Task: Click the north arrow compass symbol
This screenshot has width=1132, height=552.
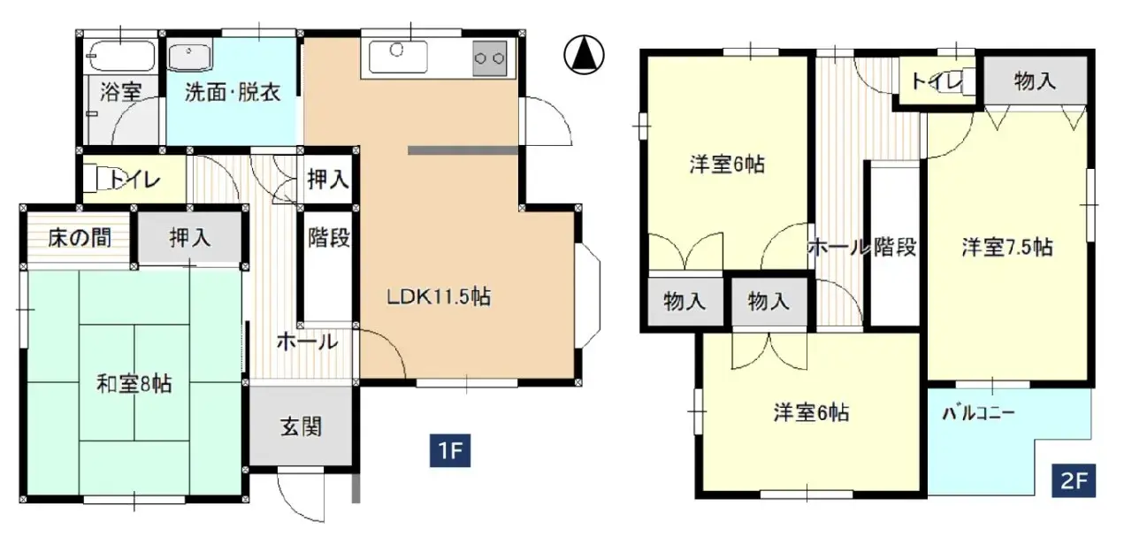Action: [x=584, y=56]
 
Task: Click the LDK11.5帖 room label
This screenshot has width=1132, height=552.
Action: [x=439, y=297]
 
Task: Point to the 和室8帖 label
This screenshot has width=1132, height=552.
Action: [x=134, y=384]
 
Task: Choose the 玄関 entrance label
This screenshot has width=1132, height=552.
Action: [x=302, y=427]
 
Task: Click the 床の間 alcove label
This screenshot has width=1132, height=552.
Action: [x=80, y=238]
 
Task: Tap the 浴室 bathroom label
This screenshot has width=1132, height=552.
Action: [x=120, y=91]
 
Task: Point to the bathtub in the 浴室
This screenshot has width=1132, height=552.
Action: [x=121, y=57]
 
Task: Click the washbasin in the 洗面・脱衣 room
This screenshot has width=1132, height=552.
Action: [x=191, y=57]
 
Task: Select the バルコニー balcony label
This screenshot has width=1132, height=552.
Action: [x=977, y=412]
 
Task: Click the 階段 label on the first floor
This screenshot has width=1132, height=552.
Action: [x=329, y=238]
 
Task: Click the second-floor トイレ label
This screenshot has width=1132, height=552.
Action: [x=936, y=81]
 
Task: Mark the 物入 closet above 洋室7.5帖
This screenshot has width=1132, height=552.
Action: [x=1035, y=81]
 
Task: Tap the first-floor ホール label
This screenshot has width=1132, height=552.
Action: [x=306, y=341]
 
